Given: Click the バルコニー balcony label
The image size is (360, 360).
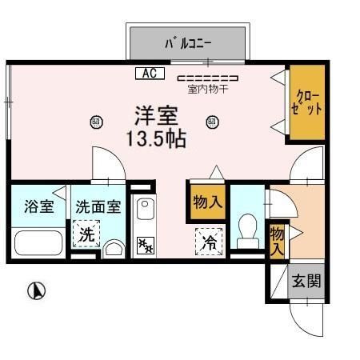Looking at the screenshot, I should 188,42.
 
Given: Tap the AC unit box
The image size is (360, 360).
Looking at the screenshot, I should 150,74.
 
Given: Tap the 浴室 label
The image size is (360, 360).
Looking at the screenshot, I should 38,206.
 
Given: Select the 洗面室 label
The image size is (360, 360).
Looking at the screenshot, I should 98,206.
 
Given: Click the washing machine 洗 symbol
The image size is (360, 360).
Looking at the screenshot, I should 85,235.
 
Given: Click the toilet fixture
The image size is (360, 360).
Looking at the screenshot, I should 247,229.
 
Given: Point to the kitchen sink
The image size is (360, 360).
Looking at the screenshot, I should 145,212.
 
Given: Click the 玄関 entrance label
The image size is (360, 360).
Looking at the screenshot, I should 306,281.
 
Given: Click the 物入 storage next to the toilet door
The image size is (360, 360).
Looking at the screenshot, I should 207,202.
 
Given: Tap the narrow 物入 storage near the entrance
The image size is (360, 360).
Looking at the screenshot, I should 278,240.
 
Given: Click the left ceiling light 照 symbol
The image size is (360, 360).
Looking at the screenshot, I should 96,122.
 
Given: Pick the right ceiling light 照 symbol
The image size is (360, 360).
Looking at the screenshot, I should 212,122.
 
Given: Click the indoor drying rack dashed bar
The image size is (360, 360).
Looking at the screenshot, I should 207,78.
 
